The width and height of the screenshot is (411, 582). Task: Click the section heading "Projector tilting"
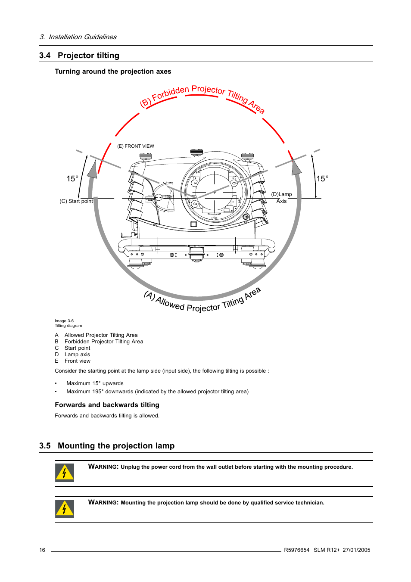[x=88, y=56]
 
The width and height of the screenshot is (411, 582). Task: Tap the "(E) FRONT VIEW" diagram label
[x=135, y=146]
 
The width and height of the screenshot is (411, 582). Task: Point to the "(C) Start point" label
[x=76, y=201]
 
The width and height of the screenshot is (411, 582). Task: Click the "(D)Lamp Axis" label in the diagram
[x=281, y=198]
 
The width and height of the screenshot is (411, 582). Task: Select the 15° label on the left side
[x=72, y=179]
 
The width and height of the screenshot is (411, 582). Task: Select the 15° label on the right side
[x=322, y=179]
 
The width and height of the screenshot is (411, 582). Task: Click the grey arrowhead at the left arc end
[x=92, y=169]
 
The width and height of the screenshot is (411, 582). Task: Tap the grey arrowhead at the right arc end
[x=296, y=168]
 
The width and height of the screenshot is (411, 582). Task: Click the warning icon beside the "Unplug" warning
[x=65, y=473]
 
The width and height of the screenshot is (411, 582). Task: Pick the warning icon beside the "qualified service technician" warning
[x=65, y=508]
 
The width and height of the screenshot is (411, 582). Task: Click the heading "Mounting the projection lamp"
[x=116, y=446]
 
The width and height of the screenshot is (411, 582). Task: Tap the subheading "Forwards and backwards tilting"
[x=107, y=405]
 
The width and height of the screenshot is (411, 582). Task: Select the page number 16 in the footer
[x=42, y=550]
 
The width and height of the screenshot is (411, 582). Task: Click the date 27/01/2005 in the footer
[x=356, y=550]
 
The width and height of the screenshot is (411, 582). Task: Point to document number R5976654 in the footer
[x=296, y=550]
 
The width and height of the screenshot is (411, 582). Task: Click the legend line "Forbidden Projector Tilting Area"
[x=103, y=342]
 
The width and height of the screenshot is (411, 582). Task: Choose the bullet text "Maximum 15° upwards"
[x=95, y=383]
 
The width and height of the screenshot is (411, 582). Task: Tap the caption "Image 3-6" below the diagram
[x=64, y=321]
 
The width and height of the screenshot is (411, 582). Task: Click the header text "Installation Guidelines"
[x=82, y=37]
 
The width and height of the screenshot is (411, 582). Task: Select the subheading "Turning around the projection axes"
[x=113, y=72]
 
